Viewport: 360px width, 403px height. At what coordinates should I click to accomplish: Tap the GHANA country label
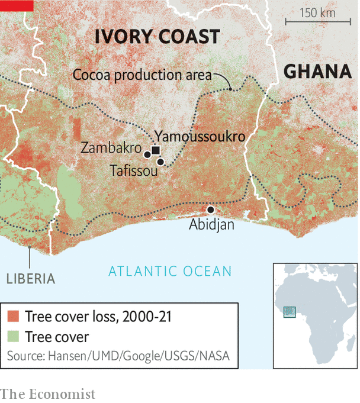[317, 72]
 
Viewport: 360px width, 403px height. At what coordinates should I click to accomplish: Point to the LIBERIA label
[31, 279]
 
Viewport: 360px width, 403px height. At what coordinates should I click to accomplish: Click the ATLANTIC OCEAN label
[170, 272]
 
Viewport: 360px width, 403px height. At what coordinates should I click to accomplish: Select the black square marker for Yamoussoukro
[156, 150]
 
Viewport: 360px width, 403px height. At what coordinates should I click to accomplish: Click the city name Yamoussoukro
[200, 136]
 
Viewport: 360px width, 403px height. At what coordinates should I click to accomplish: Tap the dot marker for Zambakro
[147, 154]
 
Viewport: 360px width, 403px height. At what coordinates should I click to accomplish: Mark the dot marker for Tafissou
[160, 162]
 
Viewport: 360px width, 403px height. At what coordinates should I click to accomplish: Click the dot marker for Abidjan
[210, 210]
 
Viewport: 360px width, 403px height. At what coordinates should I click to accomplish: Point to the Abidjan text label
[211, 225]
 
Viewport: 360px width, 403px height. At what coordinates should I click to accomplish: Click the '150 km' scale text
[317, 13]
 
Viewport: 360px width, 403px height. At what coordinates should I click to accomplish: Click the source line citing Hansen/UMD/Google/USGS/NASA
[118, 356]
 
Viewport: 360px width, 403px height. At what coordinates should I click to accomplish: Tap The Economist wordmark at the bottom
[47, 394]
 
